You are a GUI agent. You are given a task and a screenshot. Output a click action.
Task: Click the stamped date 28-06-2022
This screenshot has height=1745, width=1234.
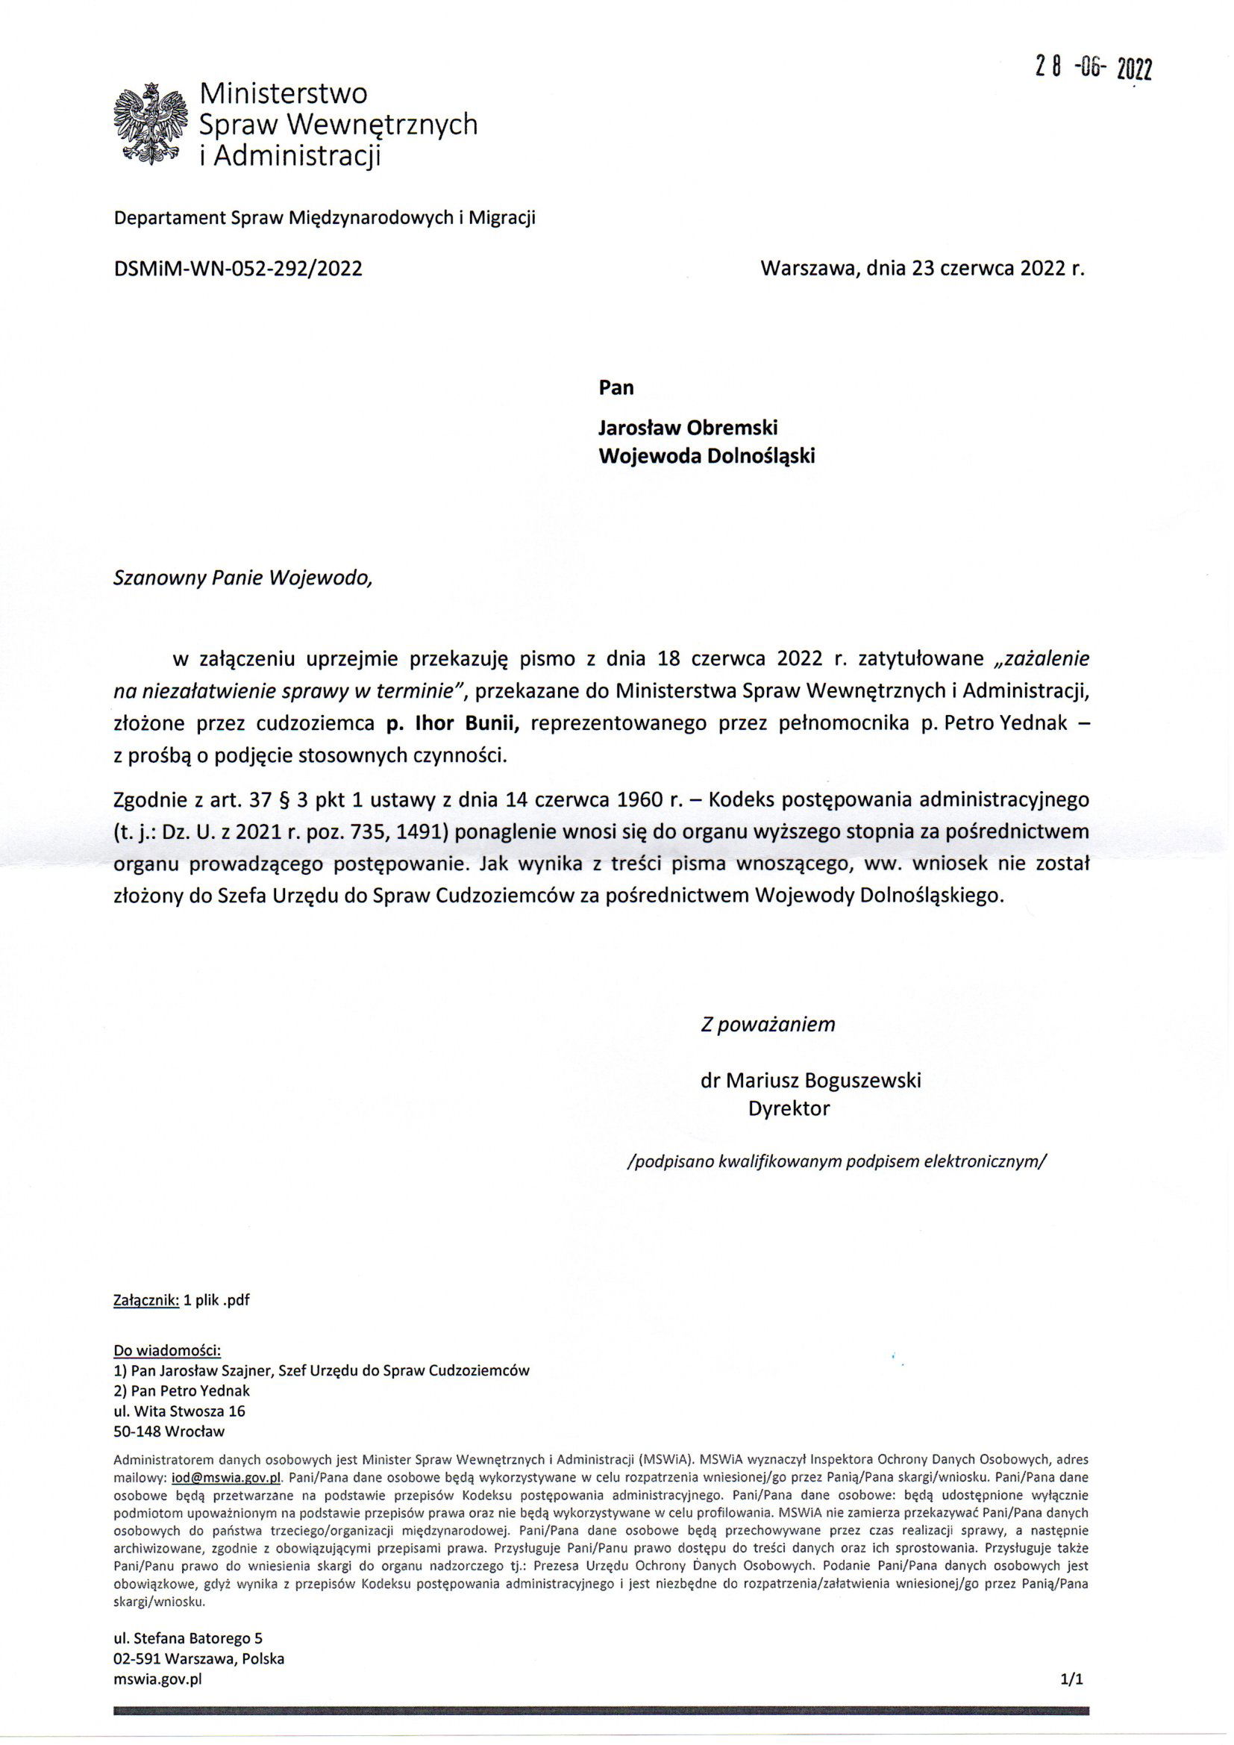(1094, 69)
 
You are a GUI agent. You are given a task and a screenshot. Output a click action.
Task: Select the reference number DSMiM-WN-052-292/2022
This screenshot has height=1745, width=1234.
(237, 269)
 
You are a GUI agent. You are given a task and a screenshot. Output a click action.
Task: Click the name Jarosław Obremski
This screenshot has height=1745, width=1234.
(688, 427)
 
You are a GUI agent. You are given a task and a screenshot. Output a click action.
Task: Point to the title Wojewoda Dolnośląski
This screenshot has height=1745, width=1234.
(707, 456)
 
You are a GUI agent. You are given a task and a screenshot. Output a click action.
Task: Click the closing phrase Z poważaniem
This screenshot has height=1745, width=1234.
(768, 1025)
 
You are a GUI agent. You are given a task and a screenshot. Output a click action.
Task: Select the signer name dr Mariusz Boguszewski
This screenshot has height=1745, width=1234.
(810, 1080)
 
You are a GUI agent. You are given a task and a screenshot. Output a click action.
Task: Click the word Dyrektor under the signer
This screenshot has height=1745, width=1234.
(789, 1109)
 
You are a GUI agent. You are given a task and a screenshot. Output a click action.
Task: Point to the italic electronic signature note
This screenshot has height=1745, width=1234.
(836, 1161)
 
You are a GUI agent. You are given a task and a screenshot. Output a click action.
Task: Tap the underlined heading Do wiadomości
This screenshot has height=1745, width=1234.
(167, 1349)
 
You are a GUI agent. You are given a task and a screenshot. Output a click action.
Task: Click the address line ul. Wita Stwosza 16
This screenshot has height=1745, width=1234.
(178, 1411)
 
